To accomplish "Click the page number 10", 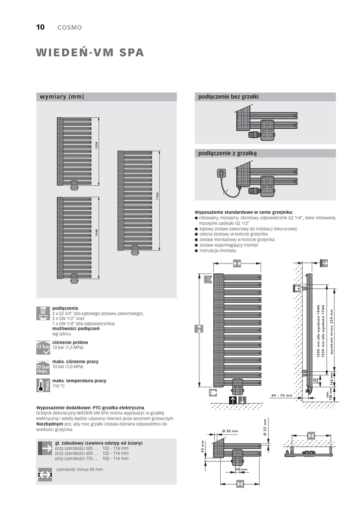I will pos(40,27).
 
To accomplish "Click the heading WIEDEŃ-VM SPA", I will pos(90,53).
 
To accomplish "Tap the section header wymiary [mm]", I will pos(62,96).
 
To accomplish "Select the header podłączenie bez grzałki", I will pos(229,96).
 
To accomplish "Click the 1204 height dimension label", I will pos(97,145).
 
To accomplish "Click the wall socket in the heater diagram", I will pos(221,174).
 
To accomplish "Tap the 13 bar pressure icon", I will pos(43,346).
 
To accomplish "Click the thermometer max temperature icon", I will pos(43,385).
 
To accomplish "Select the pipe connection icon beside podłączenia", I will pos(43,313).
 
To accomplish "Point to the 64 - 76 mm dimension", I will pos(282,395).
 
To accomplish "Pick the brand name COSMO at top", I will pos(70,28).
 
